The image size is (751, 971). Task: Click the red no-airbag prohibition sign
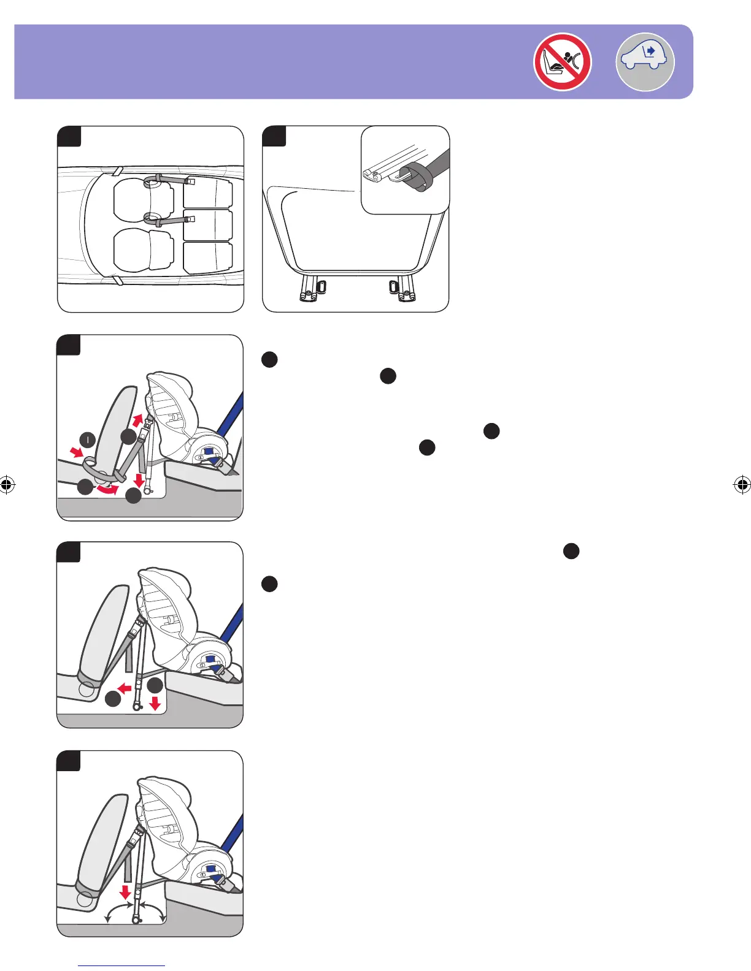pyautogui.click(x=562, y=62)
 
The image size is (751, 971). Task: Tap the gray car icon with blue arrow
pyautogui.click(x=645, y=62)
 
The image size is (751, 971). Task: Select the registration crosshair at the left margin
pyautogui.click(x=7, y=485)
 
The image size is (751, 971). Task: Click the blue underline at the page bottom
pyautogui.click(x=121, y=965)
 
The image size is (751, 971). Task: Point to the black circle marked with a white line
pyautogui.click(x=88, y=440)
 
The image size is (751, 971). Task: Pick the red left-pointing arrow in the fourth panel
pyautogui.click(x=125, y=688)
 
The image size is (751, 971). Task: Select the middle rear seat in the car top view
pyautogui.click(x=208, y=225)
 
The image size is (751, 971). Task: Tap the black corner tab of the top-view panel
pyautogui.click(x=69, y=136)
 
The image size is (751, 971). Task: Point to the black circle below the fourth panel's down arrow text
pyautogui.click(x=269, y=584)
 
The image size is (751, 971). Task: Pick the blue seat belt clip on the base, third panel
pyautogui.click(x=210, y=452)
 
